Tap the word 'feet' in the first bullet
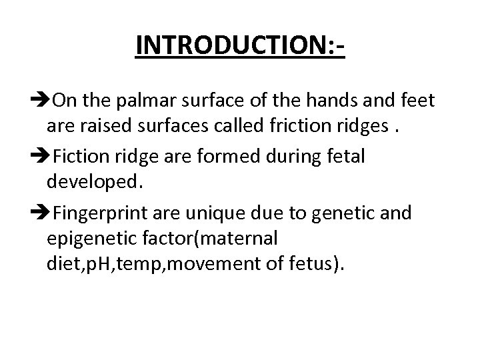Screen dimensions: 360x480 pos(418,101)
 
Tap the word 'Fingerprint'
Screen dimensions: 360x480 pos(101,214)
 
